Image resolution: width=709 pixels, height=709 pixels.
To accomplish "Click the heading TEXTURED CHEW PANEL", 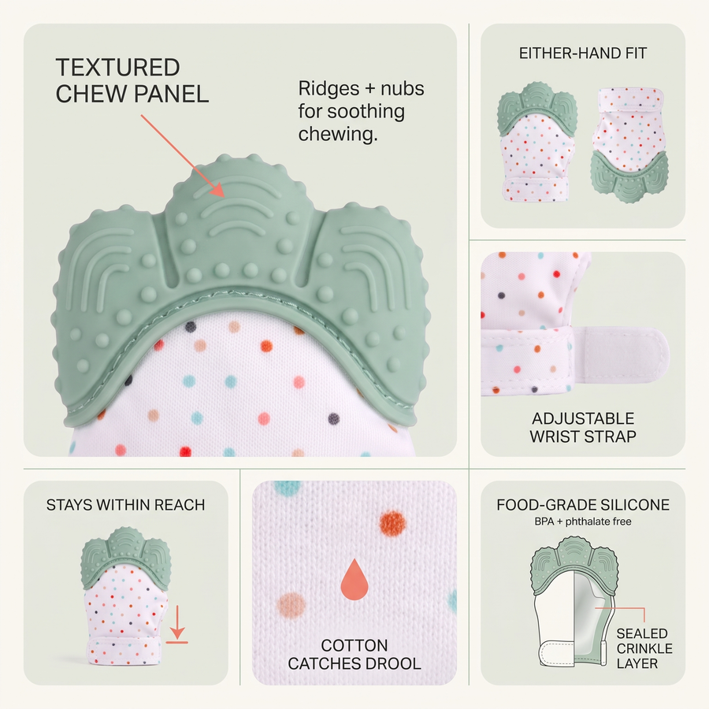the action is (132, 80).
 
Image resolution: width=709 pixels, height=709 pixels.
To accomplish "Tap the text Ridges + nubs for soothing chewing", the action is (361, 111).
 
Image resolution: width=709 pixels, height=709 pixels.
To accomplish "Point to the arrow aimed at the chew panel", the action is (183, 156).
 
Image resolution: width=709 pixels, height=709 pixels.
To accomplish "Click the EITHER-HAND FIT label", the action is (582, 54).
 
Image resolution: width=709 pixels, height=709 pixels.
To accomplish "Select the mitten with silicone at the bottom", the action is (629, 145).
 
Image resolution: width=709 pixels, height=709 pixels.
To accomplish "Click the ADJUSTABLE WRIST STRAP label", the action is (583, 427).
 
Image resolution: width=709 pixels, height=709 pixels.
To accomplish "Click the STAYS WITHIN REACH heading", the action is (126, 505).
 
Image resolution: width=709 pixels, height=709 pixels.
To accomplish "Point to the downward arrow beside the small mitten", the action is (177, 624).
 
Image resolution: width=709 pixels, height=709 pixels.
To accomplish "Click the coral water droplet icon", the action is (354, 579).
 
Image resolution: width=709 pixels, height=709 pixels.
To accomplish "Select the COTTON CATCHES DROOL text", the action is (354, 655).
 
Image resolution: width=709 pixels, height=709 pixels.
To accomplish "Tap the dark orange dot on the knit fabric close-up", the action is (392, 524).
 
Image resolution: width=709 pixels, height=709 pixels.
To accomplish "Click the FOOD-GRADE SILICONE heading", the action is (583, 505).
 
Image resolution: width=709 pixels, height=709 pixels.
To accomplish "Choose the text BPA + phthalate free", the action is (583, 522).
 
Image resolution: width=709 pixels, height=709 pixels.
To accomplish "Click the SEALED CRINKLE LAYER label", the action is (644, 648).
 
